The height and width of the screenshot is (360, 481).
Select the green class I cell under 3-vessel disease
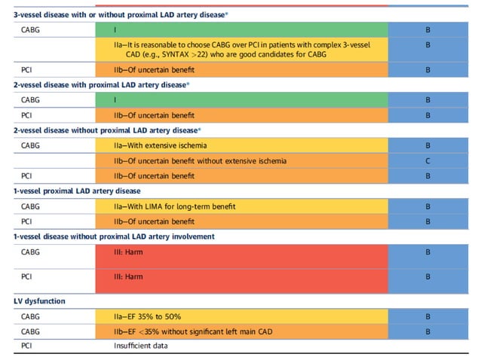tap(241, 31)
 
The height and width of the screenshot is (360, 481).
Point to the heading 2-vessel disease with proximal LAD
tap(102, 85)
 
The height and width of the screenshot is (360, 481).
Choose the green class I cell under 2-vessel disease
tap(241, 100)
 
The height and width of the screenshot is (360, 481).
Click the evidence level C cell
tap(427, 160)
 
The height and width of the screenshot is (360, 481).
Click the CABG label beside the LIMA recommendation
tap(31, 206)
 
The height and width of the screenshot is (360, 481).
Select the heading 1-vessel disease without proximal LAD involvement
tap(114, 236)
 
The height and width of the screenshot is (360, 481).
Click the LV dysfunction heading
tap(39, 301)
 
